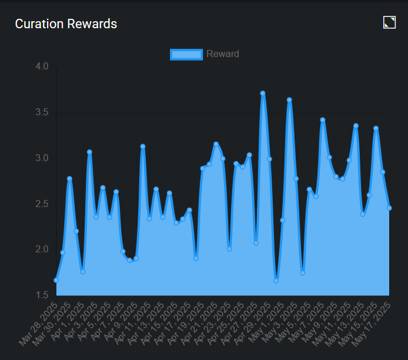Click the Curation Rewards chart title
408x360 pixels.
pyautogui.click(x=66, y=24)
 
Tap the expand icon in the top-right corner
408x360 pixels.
pyautogui.click(x=389, y=22)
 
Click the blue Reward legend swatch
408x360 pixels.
pyautogui.click(x=186, y=55)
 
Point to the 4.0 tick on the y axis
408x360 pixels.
pyautogui.click(x=42, y=66)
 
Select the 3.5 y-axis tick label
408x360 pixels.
pyautogui.click(x=42, y=112)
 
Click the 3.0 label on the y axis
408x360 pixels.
pyautogui.click(x=42, y=158)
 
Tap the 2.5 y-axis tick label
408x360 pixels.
pyautogui.click(x=42, y=204)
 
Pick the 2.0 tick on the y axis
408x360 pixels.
pyautogui.click(x=42, y=249)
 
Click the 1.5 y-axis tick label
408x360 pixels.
pyautogui.click(x=42, y=295)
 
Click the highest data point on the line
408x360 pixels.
pyautogui.click(x=263, y=93)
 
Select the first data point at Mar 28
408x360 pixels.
pyautogui.click(x=56, y=280)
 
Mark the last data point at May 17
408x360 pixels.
pyautogui.click(x=389, y=208)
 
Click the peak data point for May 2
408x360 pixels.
pyautogui.click(x=289, y=100)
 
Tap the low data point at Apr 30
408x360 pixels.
pyautogui.click(x=276, y=281)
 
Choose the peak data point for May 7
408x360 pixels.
pyautogui.click(x=323, y=120)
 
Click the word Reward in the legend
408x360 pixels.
pyautogui.click(x=223, y=54)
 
